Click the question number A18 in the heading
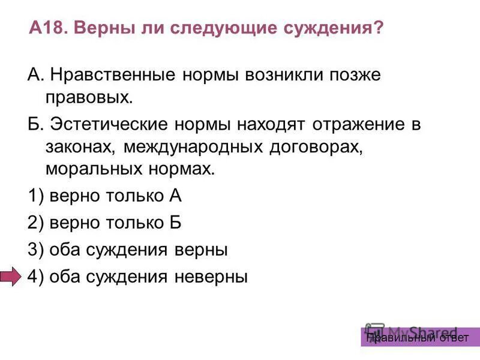point(49,28)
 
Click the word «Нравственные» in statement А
point(112,76)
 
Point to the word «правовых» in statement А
point(86,96)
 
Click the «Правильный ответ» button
point(420,338)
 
